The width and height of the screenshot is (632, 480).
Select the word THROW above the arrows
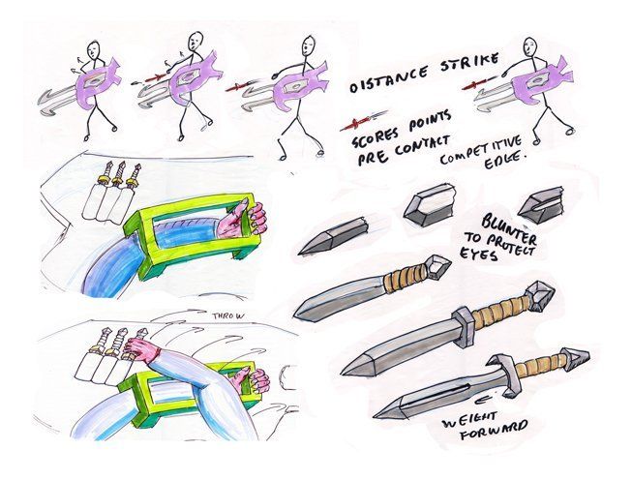pos(228,316)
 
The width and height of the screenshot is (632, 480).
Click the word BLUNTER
pos(509,230)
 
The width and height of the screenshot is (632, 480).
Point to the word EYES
pos(479,254)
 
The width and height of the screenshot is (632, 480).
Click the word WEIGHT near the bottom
pos(470,420)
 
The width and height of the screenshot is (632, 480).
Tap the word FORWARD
pos(495,430)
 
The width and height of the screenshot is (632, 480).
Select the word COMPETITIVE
pos(480,151)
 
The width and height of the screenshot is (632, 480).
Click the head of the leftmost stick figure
pos(94,48)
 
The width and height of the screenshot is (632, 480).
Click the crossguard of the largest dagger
pos(465,321)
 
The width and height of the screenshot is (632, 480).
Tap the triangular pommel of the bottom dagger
pos(578,355)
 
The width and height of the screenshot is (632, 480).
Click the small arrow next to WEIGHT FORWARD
pos(483,400)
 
